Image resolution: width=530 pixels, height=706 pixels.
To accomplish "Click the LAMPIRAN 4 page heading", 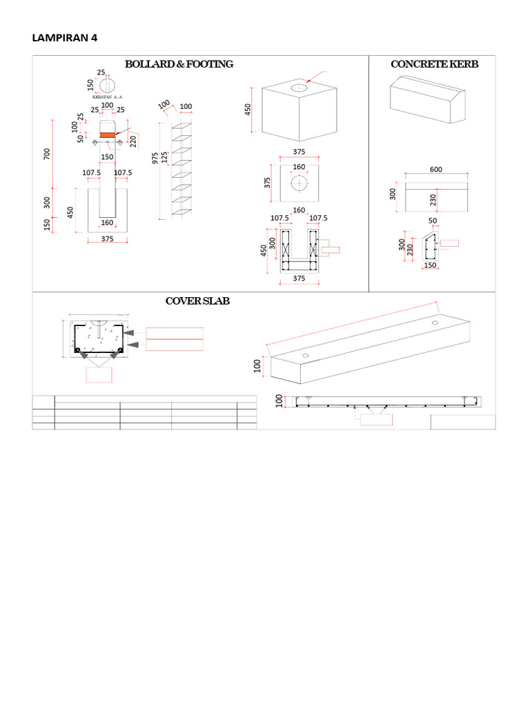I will (x=65, y=38).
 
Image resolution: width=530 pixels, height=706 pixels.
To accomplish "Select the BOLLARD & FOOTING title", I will (x=179, y=64).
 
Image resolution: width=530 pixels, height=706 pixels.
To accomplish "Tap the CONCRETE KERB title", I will (x=434, y=64).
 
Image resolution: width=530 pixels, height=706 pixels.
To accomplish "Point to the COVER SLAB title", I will (x=197, y=301).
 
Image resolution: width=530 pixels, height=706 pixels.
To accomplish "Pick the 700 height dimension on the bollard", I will (x=48, y=153).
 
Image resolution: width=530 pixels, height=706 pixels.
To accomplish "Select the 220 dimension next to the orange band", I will (x=134, y=141).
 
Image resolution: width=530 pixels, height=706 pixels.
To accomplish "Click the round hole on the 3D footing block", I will (x=300, y=88).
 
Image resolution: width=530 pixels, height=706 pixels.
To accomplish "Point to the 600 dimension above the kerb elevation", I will (x=435, y=170).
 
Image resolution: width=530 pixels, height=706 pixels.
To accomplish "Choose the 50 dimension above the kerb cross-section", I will (x=433, y=221).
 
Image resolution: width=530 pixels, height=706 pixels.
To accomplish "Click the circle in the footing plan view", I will (x=300, y=184).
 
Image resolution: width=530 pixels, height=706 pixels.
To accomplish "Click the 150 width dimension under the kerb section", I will (x=430, y=265).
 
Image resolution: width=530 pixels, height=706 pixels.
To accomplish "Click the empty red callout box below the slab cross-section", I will (x=99, y=374).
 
